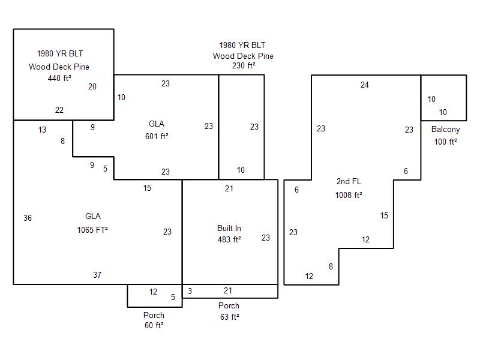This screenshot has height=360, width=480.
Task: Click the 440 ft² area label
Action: click(59, 78)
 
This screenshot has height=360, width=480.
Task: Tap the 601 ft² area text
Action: click(157, 136)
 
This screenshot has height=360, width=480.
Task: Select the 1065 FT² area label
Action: click(92, 230)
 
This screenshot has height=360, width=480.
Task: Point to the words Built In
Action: click(229, 228)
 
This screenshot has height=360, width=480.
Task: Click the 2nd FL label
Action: click(349, 181)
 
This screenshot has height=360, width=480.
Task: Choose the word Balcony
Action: click(445, 130)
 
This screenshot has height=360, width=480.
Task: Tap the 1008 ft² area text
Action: click(349, 195)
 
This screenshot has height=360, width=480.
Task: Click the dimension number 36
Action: click(28, 218)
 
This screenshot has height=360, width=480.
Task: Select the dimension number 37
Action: click(97, 275)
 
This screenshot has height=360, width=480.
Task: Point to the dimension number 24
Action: click(364, 85)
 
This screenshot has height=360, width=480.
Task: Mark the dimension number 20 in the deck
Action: click(92, 86)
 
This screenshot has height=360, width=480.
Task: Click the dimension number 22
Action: click(59, 110)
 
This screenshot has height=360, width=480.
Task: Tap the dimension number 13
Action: click(42, 130)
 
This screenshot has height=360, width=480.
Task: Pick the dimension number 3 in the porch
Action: click(190, 291)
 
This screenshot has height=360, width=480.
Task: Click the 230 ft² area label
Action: click(244, 65)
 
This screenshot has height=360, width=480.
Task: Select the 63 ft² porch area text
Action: click(230, 317)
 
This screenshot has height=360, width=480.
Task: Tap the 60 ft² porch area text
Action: click(154, 325)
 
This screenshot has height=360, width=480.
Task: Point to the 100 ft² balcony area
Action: click(445, 142)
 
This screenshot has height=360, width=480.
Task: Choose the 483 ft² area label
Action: click(229, 239)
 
